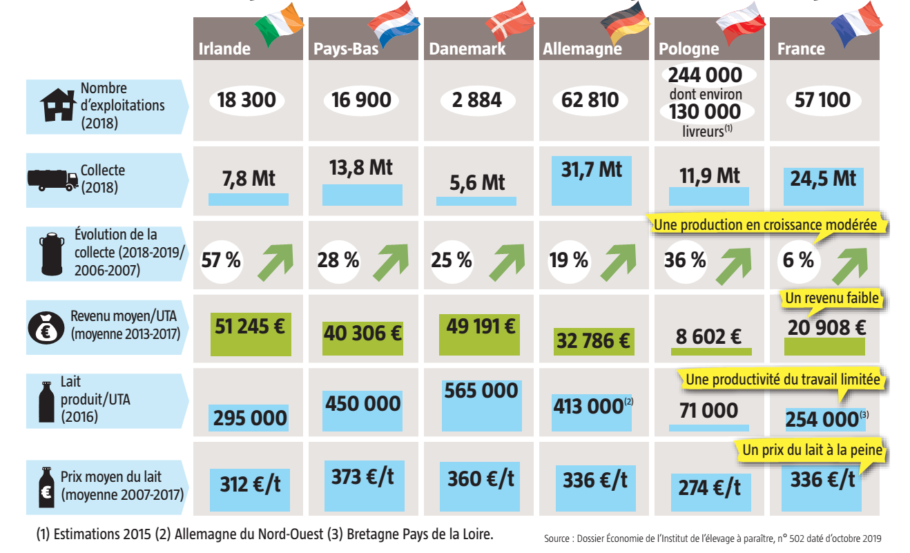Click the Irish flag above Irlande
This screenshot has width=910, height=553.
coord(280,23)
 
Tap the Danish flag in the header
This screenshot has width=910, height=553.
coord(510,21)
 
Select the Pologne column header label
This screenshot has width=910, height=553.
coord(688,49)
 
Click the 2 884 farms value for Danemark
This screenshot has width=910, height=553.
coord(477,100)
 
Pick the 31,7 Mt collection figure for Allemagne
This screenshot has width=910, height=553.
coord(592,169)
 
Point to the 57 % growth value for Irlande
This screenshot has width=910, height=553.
coord(221,260)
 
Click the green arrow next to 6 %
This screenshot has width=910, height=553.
coord(849,265)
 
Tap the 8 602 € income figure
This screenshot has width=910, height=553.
coord(708,336)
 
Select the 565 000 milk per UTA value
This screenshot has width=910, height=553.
coord(481,391)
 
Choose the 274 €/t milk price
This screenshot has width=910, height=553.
coord(709,487)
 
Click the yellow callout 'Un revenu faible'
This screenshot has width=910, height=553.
coord(831,299)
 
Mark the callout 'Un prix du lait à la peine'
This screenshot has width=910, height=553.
coord(812,450)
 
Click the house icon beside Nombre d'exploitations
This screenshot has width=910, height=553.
coord(58,105)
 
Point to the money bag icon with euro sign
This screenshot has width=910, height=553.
coord(46,328)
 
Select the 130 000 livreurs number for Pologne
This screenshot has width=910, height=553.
coord(705,112)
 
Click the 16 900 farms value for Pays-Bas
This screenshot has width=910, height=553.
coord(360,100)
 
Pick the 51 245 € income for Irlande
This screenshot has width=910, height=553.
coord(250,327)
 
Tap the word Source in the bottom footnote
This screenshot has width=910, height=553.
coord(557,539)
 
